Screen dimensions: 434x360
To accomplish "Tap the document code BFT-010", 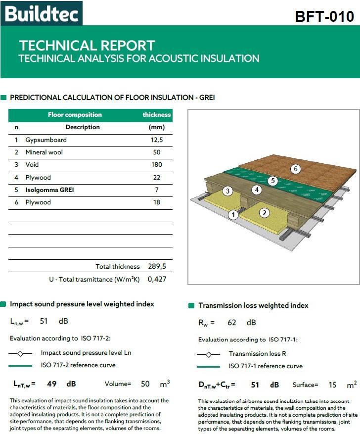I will pyautogui.click(x=324, y=16).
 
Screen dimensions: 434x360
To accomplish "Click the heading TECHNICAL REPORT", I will pyautogui.click(x=87, y=46).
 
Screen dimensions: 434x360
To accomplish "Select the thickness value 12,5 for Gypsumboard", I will pyautogui.click(x=156, y=140).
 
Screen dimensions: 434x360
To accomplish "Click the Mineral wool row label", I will pyautogui.click(x=44, y=152).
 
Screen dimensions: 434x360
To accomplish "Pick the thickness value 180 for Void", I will pyautogui.click(x=156, y=165).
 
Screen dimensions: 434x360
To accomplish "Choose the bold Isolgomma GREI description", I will pyautogui.click(x=49, y=190).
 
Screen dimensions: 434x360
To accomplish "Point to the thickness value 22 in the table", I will pyautogui.click(x=156, y=177).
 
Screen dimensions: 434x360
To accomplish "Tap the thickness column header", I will pyautogui.click(x=156, y=115).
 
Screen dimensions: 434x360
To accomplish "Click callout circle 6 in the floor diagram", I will pyautogui.click(x=295, y=169).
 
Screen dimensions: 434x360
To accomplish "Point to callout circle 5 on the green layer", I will pyautogui.click(x=272, y=181).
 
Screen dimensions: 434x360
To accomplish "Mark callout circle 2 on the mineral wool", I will pyautogui.click(x=265, y=213).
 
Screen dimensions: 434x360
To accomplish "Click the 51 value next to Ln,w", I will pyautogui.click(x=44, y=321).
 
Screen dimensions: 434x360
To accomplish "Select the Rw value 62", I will pyautogui.click(x=232, y=323).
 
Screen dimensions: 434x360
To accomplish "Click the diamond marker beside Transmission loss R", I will pyautogui.click(x=208, y=354).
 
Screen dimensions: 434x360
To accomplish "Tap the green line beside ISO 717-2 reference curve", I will pyautogui.click(x=20, y=365).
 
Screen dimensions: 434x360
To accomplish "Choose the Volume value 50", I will pyautogui.click(x=145, y=384).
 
